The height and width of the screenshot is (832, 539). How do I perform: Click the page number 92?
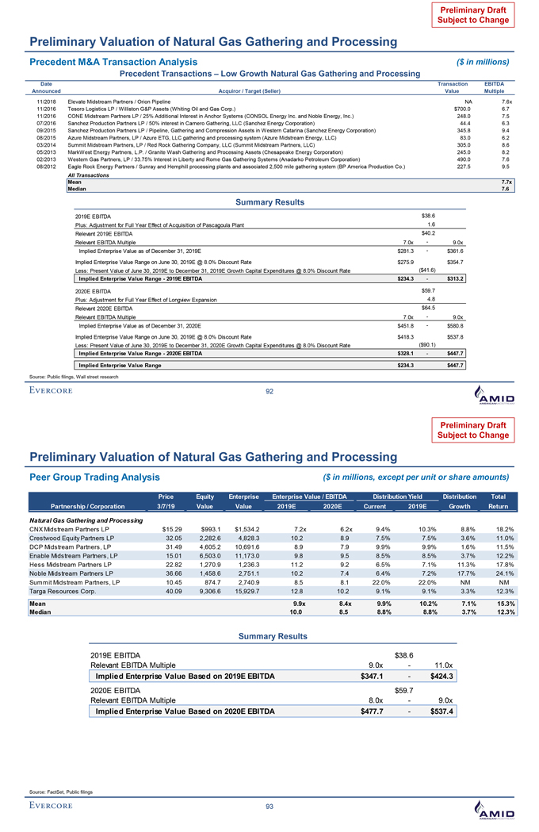[x=269, y=390]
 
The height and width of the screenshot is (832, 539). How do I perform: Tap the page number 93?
[x=269, y=806]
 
